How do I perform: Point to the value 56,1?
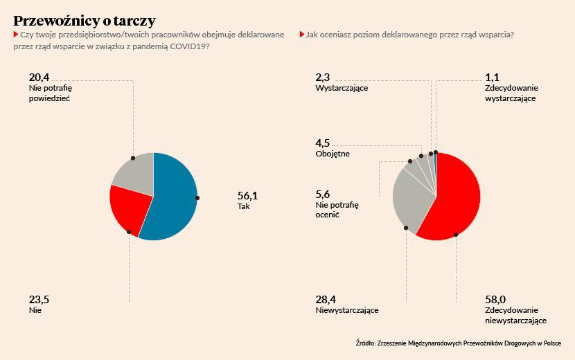[x=248, y=196]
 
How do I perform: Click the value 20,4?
[x=39, y=77]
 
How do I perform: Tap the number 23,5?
[x=39, y=300]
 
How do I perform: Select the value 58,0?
[x=496, y=299]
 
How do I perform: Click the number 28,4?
[x=326, y=299]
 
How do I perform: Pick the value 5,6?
[x=323, y=194]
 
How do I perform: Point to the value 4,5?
[x=323, y=143]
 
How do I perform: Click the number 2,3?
[x=323, y=77]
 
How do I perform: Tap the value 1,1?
[x=493, y=77]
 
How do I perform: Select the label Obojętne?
[x=333, y=154]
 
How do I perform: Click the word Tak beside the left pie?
[x=243, y=206]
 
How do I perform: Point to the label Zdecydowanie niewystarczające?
[x=516, y=315]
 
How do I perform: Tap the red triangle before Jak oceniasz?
[x=302, y=34]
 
